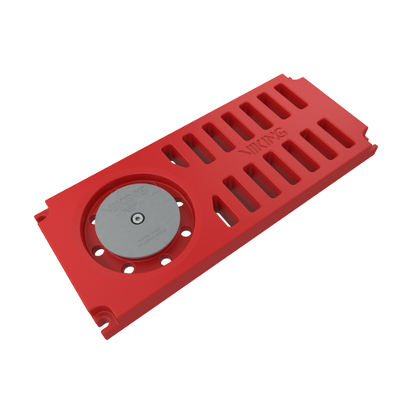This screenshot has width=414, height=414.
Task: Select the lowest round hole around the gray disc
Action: click(x=129, y=268)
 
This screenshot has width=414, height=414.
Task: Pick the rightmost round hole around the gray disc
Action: click(x=187, y=234)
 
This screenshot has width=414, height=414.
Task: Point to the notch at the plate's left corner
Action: click(x=39, y=217)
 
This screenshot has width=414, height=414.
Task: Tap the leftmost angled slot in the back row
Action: click(x=172, y=151)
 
